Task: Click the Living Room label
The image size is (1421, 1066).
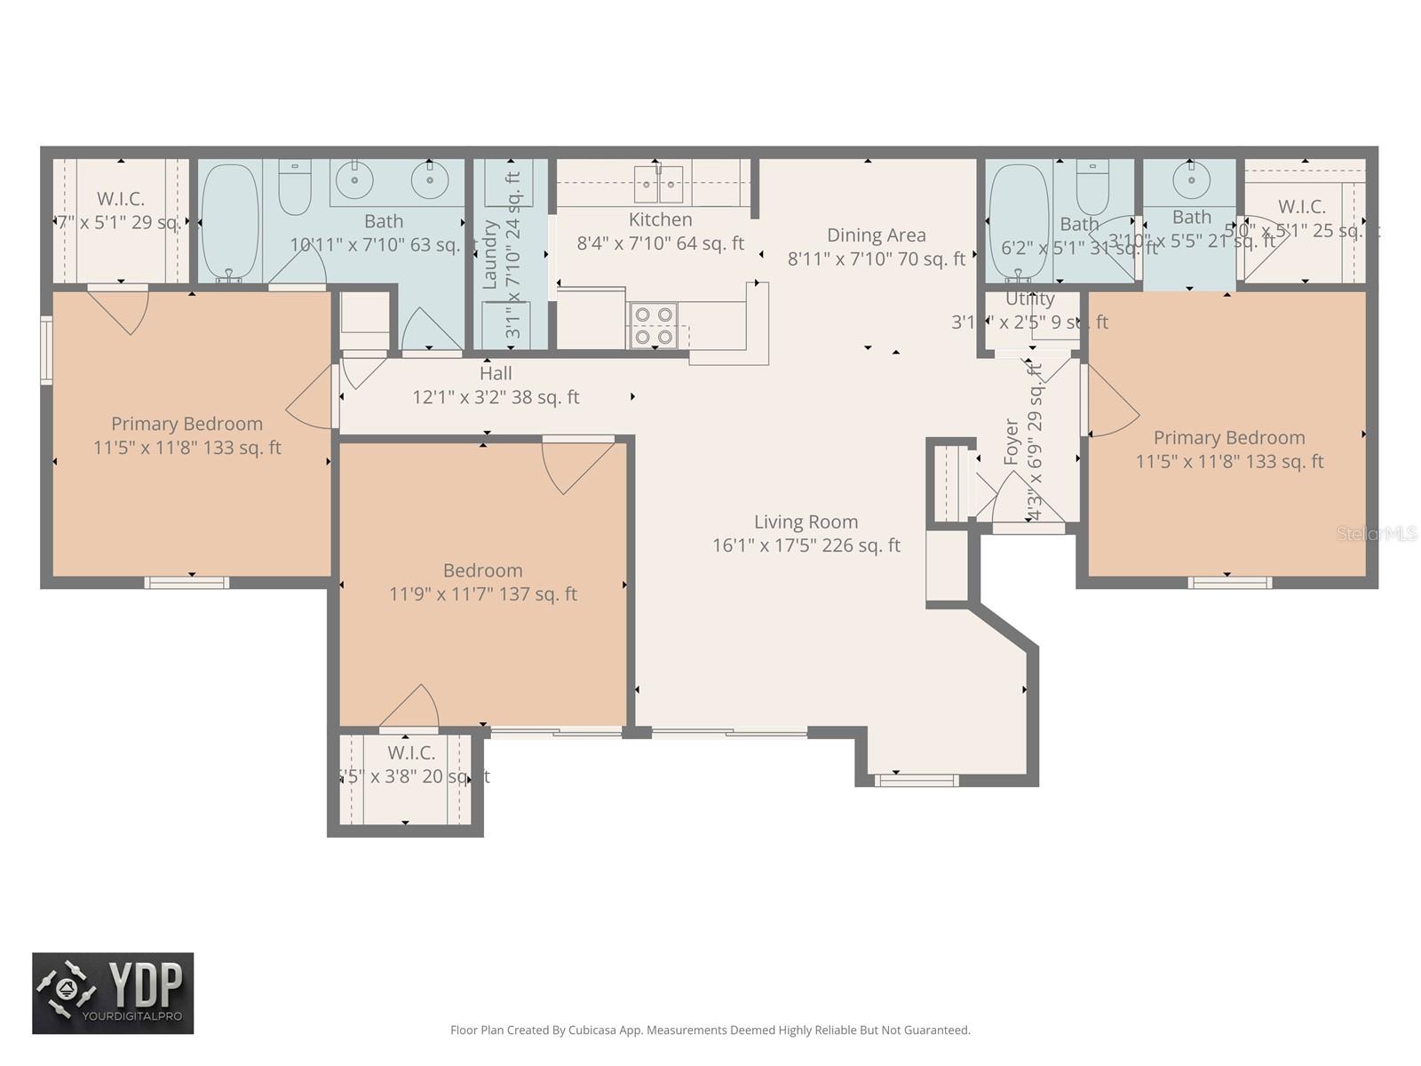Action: pos(806,522)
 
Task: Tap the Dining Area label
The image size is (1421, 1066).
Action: pos(876,235)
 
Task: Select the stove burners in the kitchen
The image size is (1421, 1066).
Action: pos(653,325)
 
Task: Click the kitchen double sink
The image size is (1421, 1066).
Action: pos(658,184)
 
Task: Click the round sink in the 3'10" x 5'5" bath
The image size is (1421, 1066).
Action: pos(1190,180)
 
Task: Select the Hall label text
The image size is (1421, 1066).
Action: pos(496,374)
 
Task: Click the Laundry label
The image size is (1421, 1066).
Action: pos(489,255)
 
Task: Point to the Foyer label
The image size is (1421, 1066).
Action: pos(1012,442)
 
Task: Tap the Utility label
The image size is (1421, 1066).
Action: pos(1030,299)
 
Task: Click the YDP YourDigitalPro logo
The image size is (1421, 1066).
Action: pos(113,993)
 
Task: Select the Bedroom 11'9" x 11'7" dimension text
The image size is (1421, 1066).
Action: pos(483,594)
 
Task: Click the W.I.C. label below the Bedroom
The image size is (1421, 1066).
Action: pos(411,753)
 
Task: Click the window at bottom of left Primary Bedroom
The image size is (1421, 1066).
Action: pos(187,583)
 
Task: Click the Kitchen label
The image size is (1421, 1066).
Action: pos(660,220)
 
